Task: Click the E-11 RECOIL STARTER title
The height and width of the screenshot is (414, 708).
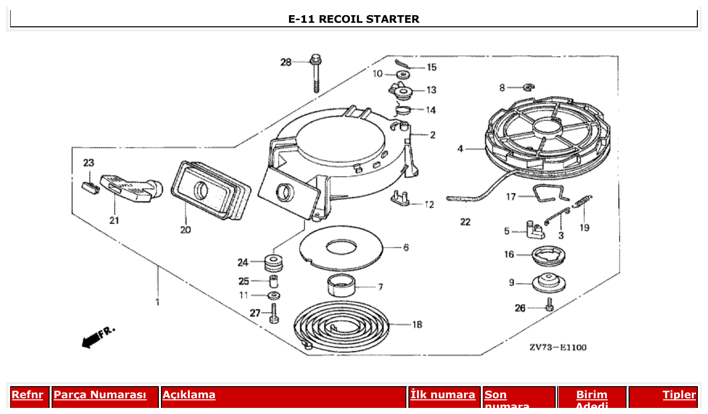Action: pos(353,19)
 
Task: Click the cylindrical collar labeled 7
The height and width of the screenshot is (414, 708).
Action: pos(341,285)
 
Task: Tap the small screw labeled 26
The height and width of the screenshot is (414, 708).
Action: pos(550,305)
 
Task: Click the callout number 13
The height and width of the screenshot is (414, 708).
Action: pos(431,90)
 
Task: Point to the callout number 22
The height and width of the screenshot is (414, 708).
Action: pos(465,222)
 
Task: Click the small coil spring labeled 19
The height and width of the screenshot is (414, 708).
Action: pos(582,201)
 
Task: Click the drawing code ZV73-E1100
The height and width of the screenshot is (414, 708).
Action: pos(558,347)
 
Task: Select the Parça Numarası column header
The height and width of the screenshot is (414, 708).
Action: pos(100,395)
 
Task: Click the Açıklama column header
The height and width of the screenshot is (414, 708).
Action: pos(189,395)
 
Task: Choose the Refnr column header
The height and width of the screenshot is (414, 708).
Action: pos(27,395)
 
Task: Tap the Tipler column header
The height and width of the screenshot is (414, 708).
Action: pos(679,395)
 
